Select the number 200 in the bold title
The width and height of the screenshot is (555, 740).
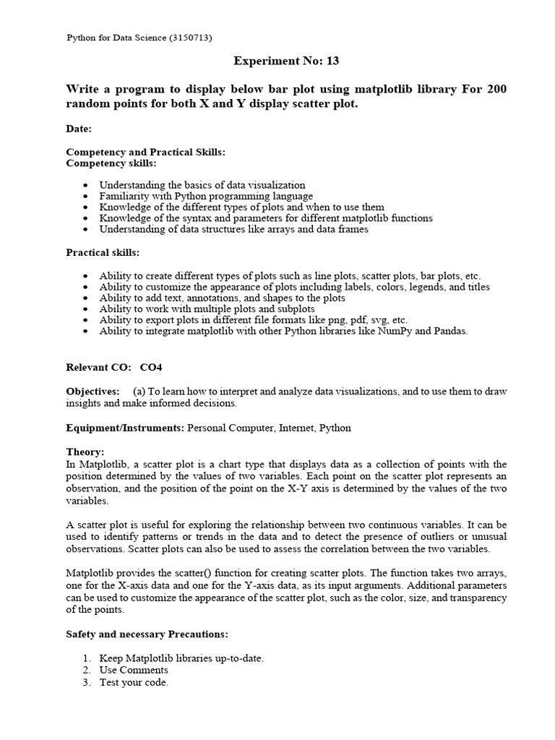click(496, 89)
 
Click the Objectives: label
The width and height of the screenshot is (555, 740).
click(93, 391)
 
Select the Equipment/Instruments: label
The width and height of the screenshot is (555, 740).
click(126, 428)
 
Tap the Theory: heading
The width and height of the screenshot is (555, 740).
click(85, 452)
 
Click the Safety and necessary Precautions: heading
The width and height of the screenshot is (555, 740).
click(147, 634)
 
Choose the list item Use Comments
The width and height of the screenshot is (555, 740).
click(134, 670)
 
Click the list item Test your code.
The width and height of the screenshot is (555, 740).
click(134, 682)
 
